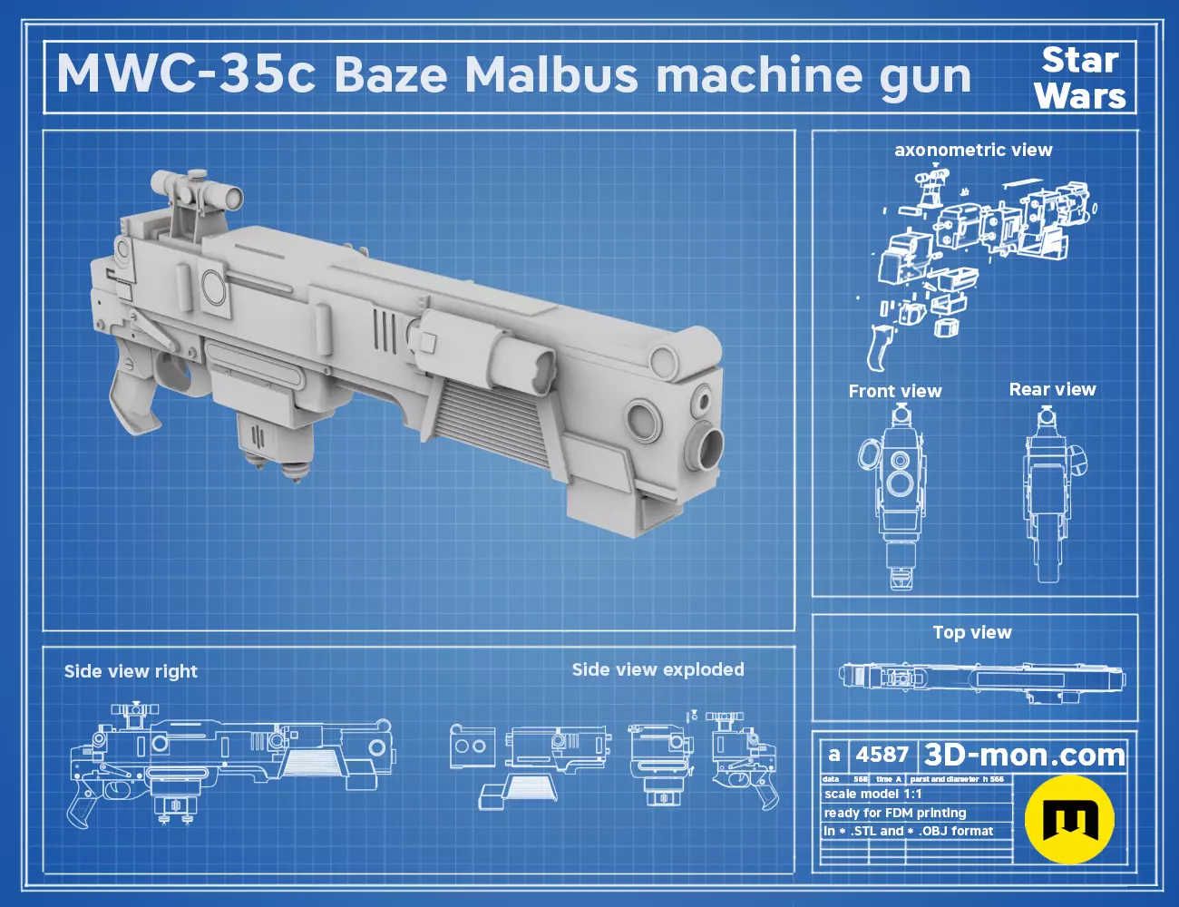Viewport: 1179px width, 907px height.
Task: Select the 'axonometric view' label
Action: pos(973,150)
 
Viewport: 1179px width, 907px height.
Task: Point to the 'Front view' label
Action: pos(894,391)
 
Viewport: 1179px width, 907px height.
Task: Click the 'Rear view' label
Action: pos(1052,389)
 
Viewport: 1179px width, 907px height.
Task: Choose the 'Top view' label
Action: pos(971,632)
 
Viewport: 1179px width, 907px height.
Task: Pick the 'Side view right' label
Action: pos(131,671)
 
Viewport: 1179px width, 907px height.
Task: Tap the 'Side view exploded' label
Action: pos(658,669)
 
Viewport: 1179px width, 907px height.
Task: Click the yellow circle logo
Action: pos(1069,818)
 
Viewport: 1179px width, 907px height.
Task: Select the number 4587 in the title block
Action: pos(882,755)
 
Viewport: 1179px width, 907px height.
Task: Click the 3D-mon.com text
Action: pos(1024,755)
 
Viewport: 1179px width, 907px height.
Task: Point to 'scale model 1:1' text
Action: pos(872,794)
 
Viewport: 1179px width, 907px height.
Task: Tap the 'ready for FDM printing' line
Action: pos(894,813)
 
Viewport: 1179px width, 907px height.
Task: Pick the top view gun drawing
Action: pos(981,677)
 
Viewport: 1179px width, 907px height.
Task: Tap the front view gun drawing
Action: pos(898,494)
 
